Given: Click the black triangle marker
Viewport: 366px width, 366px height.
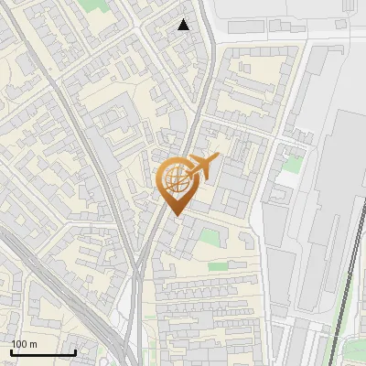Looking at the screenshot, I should (184, 25).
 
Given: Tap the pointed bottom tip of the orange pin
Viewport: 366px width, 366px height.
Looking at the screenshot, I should (175, 215).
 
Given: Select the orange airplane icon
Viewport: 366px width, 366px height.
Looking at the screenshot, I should (203, 167).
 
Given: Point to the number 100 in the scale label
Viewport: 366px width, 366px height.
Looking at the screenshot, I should (19, 343).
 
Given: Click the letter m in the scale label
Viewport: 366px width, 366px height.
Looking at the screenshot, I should (34, 343).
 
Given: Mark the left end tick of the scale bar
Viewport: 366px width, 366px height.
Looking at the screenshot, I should (11, 351).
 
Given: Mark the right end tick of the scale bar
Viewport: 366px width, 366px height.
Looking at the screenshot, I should (75, 351).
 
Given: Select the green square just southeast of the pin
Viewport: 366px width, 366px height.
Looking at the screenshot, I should (210, 237).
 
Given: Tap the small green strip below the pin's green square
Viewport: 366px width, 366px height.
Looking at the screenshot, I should (218, 266).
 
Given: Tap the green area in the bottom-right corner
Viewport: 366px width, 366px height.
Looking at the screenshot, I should (352, 352).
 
